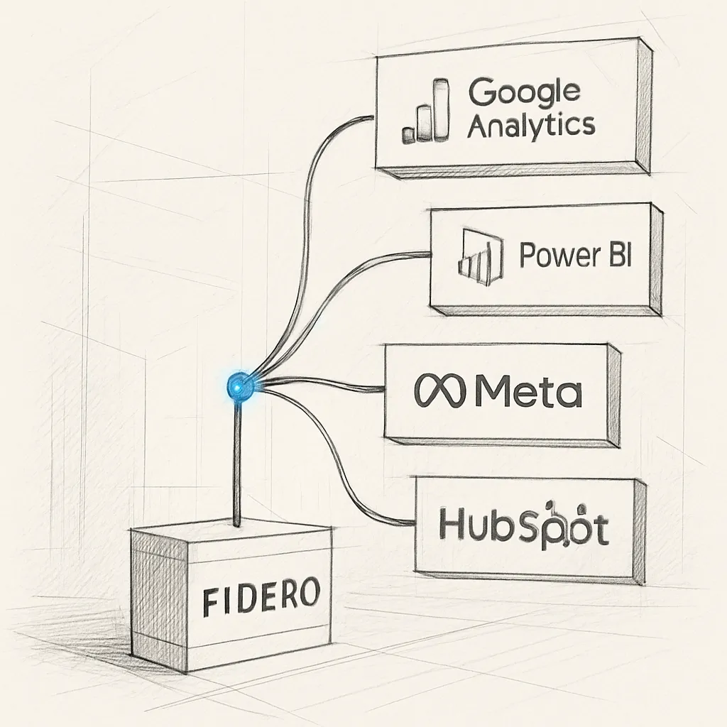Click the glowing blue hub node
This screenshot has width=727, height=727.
tap(240, 386)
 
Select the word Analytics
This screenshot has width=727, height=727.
tap(530, 126)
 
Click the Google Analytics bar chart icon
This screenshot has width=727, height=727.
tap(426, 111)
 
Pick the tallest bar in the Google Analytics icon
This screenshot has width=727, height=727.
tap(442, 109)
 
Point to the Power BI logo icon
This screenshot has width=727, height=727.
tap(480, 256)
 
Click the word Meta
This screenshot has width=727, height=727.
tap(526, 391)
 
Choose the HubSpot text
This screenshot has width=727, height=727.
tap(523, 525)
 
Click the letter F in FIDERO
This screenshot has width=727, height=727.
tap(210, 603)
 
